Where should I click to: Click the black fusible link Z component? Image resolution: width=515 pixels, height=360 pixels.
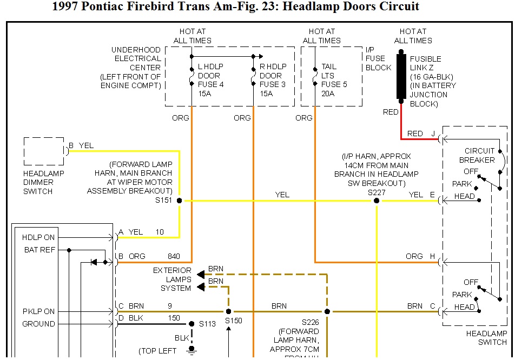pos(401,76)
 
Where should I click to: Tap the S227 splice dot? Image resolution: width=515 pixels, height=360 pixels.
pos(377,201)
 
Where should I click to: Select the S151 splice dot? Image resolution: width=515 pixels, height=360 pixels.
pos(180,201)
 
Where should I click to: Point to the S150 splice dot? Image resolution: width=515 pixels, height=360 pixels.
pos(228,311)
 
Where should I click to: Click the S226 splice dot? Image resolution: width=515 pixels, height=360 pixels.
pos(327,311)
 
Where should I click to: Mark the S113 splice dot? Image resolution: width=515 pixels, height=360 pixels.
pos(191,324)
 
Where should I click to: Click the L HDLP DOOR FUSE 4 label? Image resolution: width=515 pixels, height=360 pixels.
pos(211,76)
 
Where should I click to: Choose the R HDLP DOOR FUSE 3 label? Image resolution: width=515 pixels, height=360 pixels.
pos(273,76)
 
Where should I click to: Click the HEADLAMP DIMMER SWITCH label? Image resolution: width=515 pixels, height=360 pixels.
pos(43,182)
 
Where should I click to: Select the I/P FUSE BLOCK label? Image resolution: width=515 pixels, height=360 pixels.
pos(378,58)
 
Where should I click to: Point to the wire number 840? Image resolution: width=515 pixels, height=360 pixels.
pos(174,256)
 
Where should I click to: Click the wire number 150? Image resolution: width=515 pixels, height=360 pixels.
pos(174,318)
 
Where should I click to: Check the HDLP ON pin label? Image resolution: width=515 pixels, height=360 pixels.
pos(38,237)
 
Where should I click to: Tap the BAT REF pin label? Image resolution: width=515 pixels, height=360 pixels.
pos(38,250)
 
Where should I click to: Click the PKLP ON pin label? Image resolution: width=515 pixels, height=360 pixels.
pos(38,311)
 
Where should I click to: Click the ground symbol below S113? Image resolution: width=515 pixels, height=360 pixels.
pos(191,350)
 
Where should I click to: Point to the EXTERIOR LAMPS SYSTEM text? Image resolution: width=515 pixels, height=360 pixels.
pos(172,279)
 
